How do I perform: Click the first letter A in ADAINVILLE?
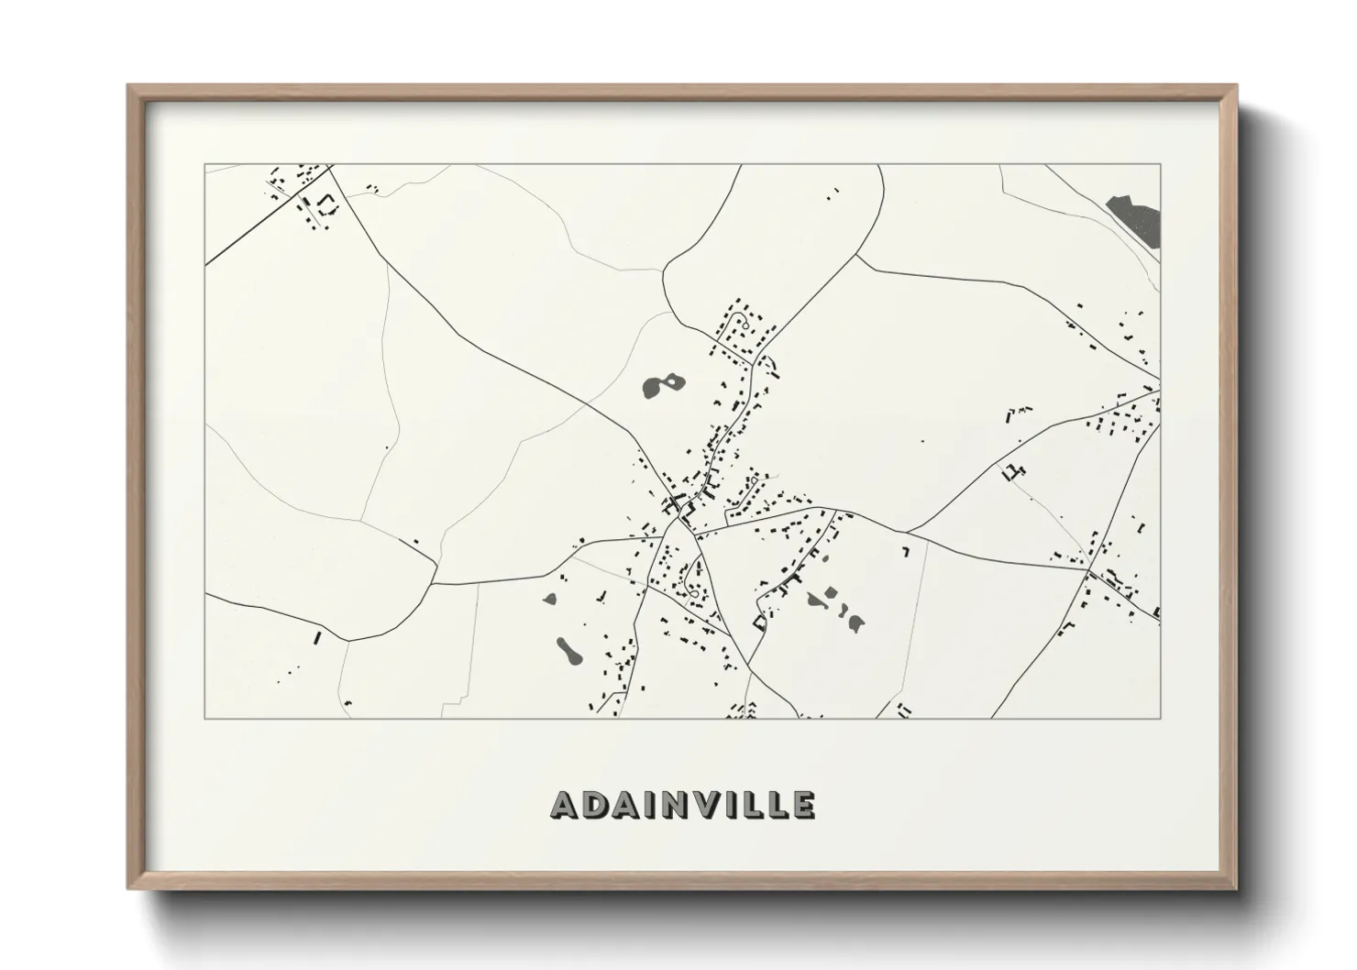click(566, 804)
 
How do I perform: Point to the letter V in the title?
click(701, 804)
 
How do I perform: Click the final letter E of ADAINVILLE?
click(802, 804)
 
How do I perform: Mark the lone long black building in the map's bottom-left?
click(319, 636)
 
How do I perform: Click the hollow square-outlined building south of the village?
click(759, 623)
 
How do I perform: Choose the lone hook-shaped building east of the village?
click(906, 552)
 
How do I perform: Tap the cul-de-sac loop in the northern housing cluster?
click(745, 325)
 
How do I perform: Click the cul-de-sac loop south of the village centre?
click(694, 594)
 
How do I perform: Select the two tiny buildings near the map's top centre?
click(833, 193)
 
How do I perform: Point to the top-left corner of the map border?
click(204, 165)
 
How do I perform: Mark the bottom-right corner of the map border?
click(1160, 718)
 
